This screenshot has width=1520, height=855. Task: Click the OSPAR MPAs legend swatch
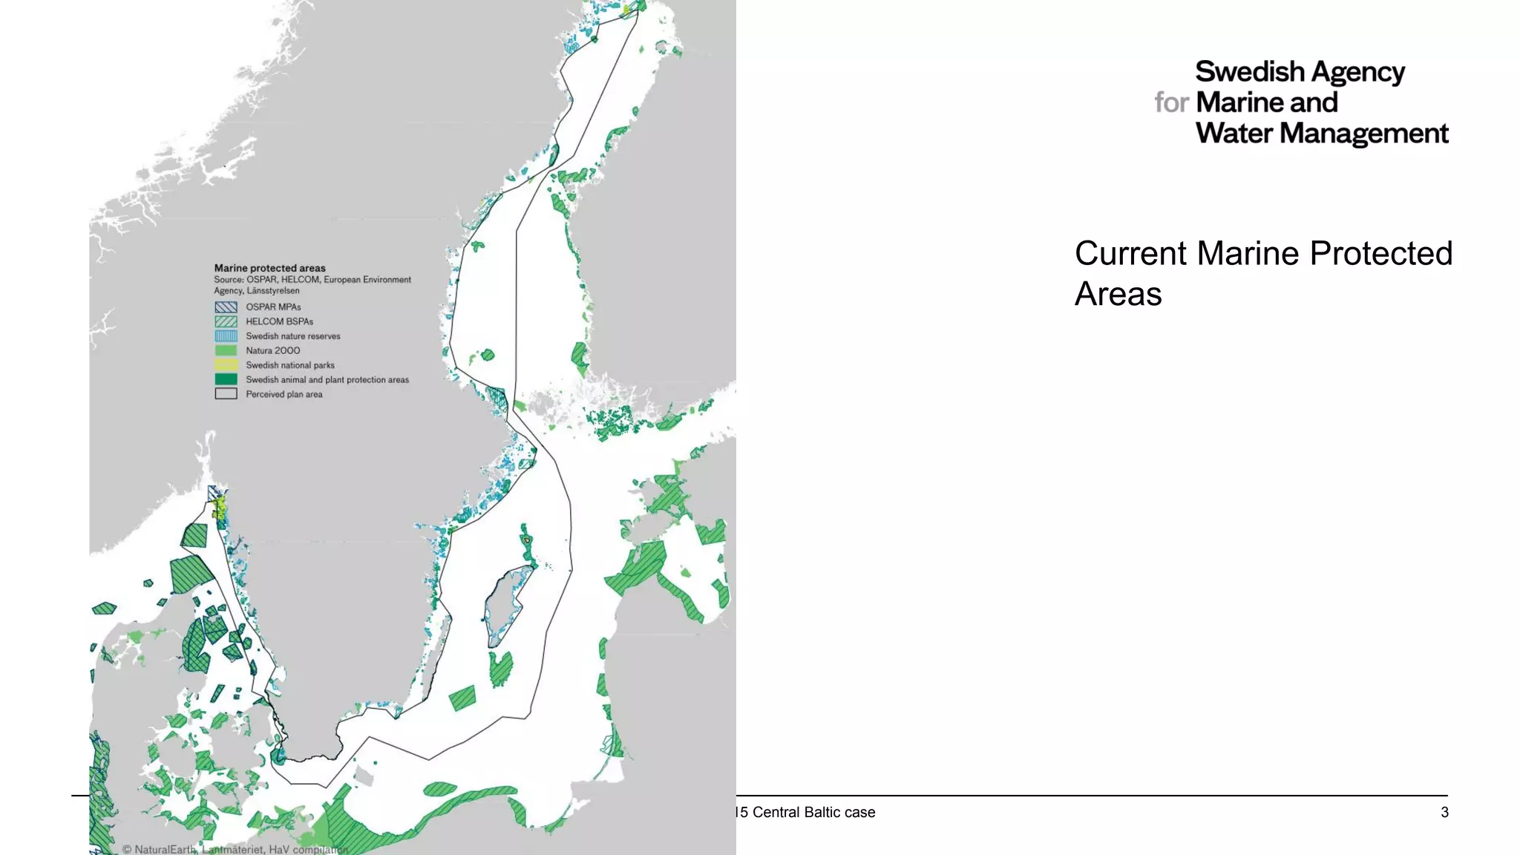226,307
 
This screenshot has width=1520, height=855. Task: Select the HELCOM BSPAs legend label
279,321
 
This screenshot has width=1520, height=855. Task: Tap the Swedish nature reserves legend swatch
226,336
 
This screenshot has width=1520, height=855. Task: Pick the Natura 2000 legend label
273,350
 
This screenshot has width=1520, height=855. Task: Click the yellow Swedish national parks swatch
226,365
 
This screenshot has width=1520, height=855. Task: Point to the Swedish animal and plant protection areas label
327,380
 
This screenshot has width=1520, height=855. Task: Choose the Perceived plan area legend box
226,394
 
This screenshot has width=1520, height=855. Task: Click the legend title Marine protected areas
269,268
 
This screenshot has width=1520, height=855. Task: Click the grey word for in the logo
1171,102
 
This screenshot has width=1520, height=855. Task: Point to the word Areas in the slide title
1118,294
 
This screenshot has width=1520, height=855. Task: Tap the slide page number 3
1444,812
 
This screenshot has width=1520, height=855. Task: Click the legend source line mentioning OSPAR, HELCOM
312,280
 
